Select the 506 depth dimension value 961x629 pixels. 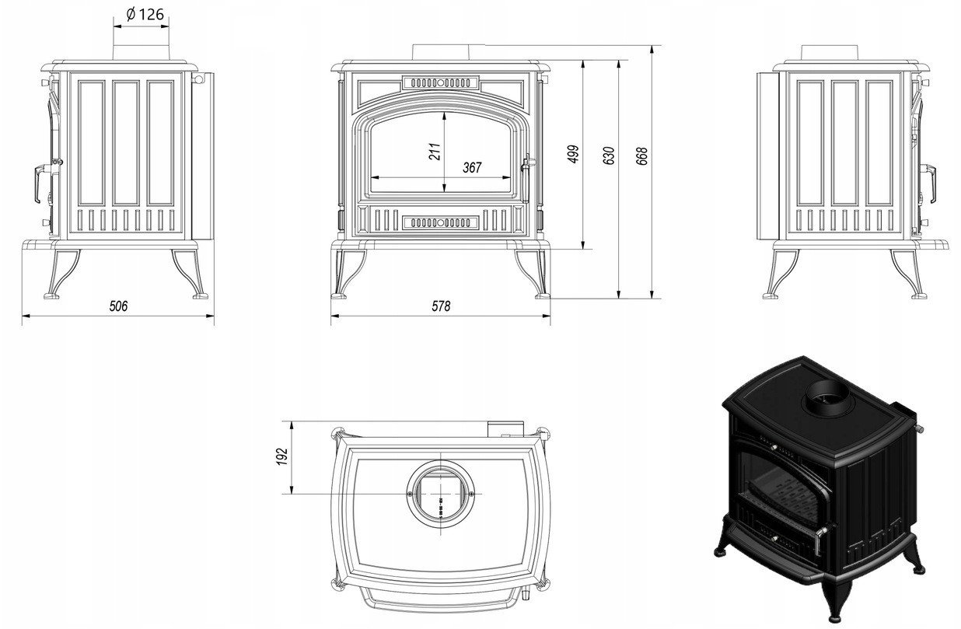[x=117, y=306]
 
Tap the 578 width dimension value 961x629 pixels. [x=441, y=306]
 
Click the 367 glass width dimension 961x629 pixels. [x=472, y=167]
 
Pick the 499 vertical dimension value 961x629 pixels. [x=575, y=155]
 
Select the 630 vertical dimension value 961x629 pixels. [x=609, y=155]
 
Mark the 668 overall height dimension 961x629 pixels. [x=642, y=155]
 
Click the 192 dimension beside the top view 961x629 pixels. [x=283, y=457]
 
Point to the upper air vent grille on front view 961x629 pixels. [x=441, y=82]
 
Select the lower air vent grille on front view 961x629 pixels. [x=441, y=222]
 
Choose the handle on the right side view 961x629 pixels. [x=929, y=182]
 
